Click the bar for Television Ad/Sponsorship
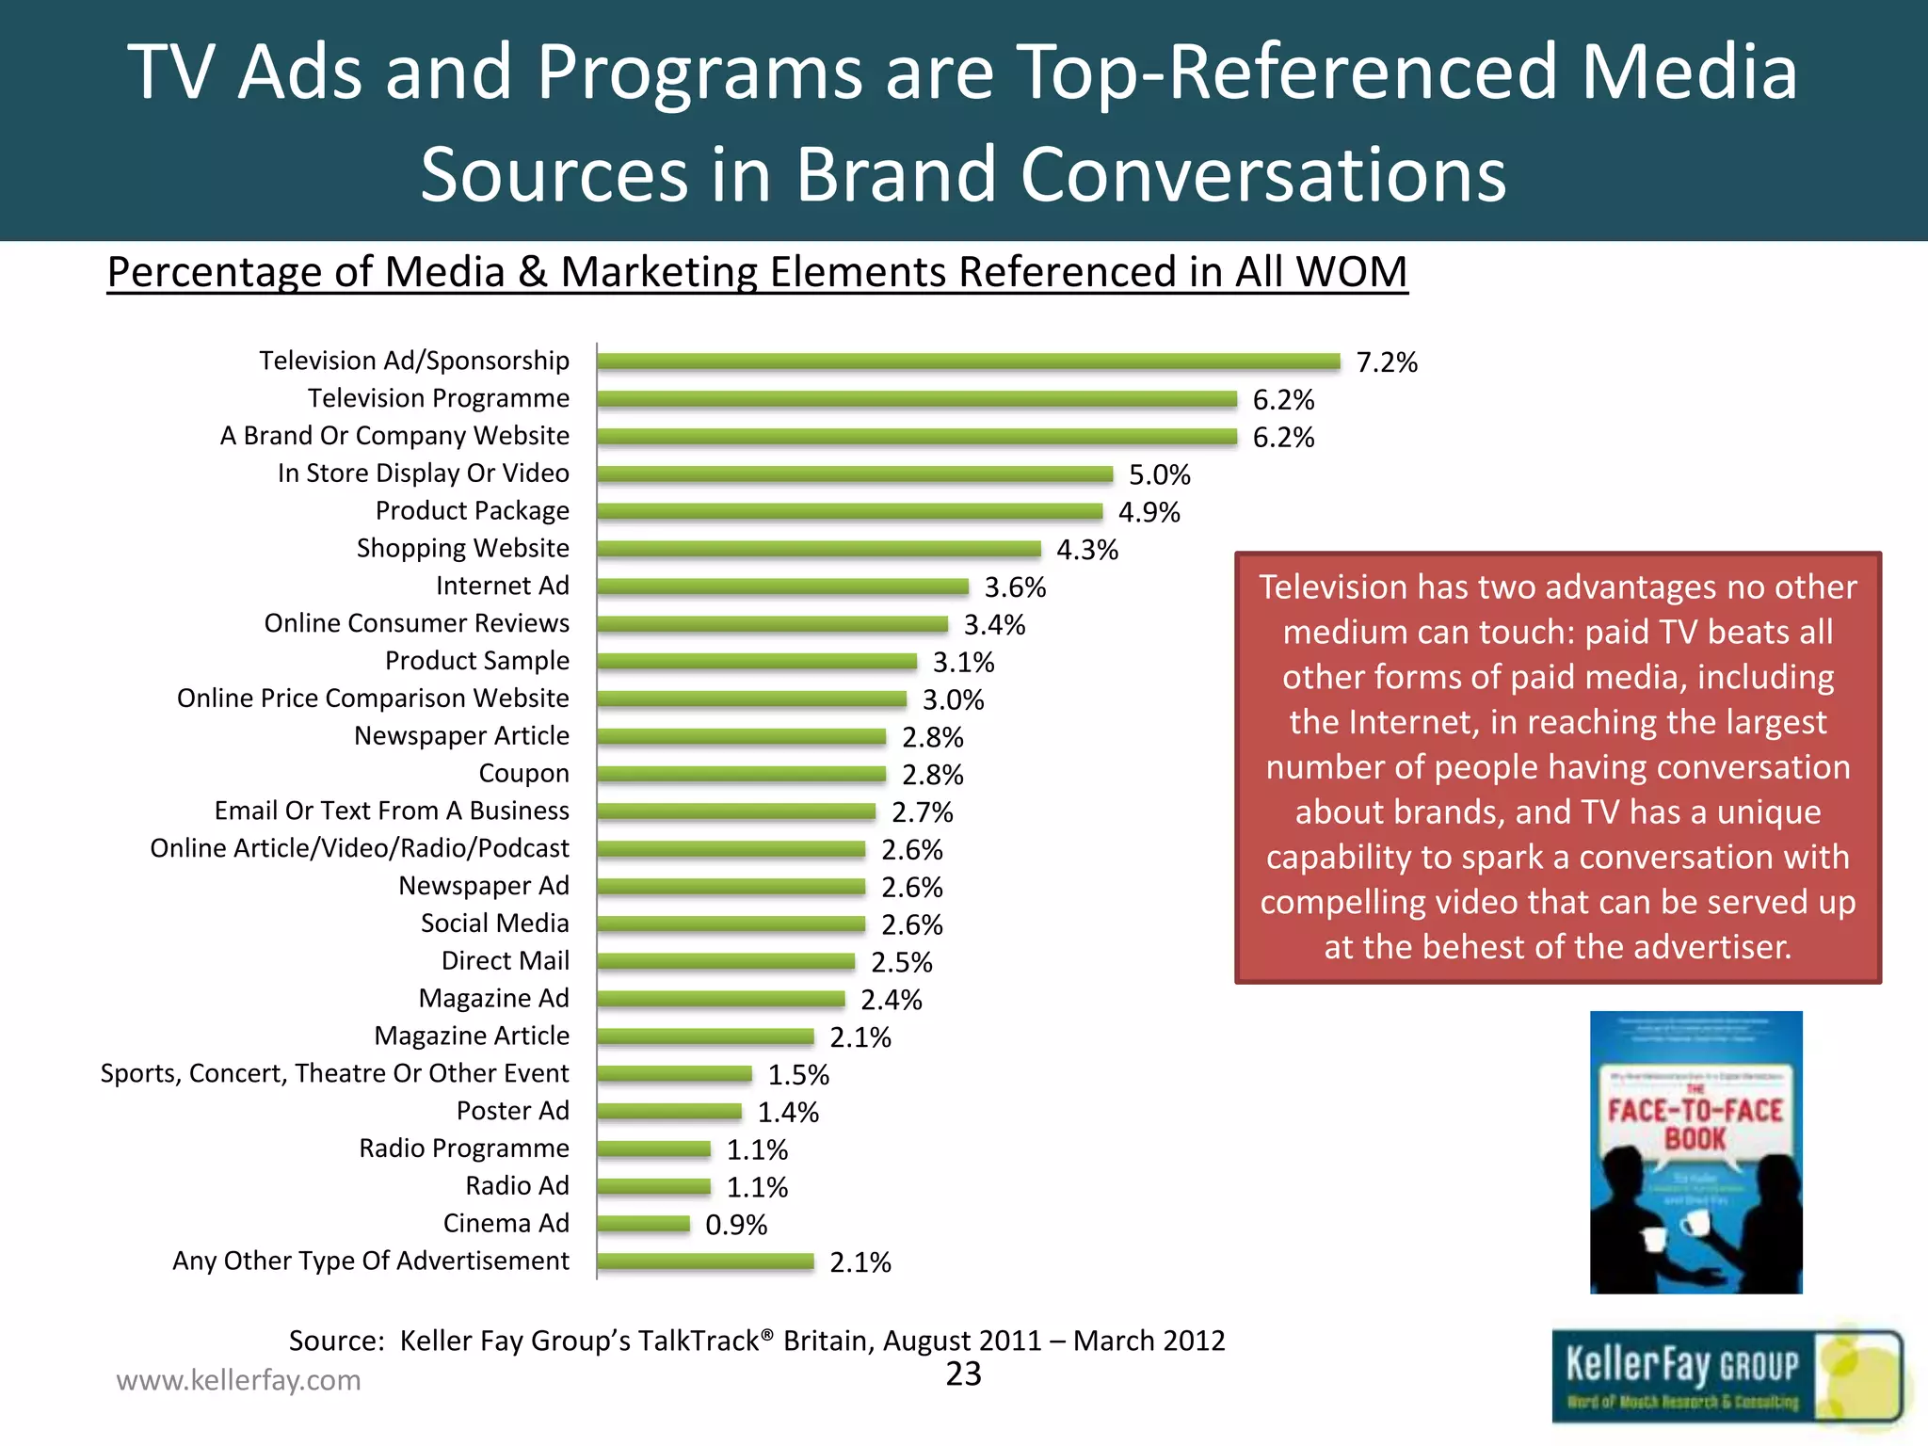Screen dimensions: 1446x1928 pyautogui.click(x=968, y=361)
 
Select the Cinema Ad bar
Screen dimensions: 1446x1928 pyautogui.click(x=643, y=1224)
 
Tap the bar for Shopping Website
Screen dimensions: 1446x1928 pyautogui.click(x=819, y=549)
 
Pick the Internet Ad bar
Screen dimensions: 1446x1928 pyautogui.click(x=782, y=586)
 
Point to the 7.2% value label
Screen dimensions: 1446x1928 pyautogui.click(x=1387, y=362)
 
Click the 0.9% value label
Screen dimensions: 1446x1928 pyautogui.click(x=736, y=1225)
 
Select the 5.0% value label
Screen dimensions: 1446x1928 pyautogui.click(x=1160, y=474)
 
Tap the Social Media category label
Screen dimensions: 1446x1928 pyautogui.click(x=494, y=924)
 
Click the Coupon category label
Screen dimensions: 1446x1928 pyautogui.click(x=523, y=774)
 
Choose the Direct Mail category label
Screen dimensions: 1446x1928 pyautogui.click(x=505, y=961)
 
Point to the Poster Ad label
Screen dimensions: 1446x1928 pyautogui.click(x=512, y=1111)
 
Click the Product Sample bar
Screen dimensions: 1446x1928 pyautogui.click(x=757, y=662)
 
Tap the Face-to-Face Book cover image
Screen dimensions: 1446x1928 pyautogui.click(x=1695, y=1152)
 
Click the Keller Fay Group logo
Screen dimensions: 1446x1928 pyautogui.click(x=1726, y=1375)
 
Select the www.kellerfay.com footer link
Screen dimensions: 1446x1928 pyautogui.click(x=238, y=1380)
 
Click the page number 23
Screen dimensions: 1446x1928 pyautogui.click(x=963, y=1374)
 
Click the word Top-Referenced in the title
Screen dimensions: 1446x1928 pyautogui.click(x=1286, y=72)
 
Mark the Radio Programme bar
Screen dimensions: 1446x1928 pyautogui.click(x=653, y=1149)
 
